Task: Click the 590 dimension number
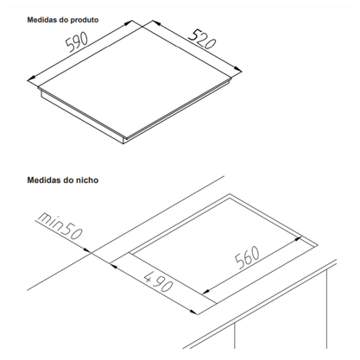(77, 42)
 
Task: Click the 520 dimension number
(202, 39)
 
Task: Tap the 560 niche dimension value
(247, 257)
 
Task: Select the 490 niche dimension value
(158, 281)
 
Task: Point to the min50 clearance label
(59, 226)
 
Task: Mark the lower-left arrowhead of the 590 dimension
(31, 78)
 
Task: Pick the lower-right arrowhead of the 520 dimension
(238, 69)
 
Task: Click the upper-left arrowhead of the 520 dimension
(156, 23)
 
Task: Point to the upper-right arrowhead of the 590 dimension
(129, 23)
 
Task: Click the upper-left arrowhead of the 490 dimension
(114, 266)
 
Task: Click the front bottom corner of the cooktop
(123, 143)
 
